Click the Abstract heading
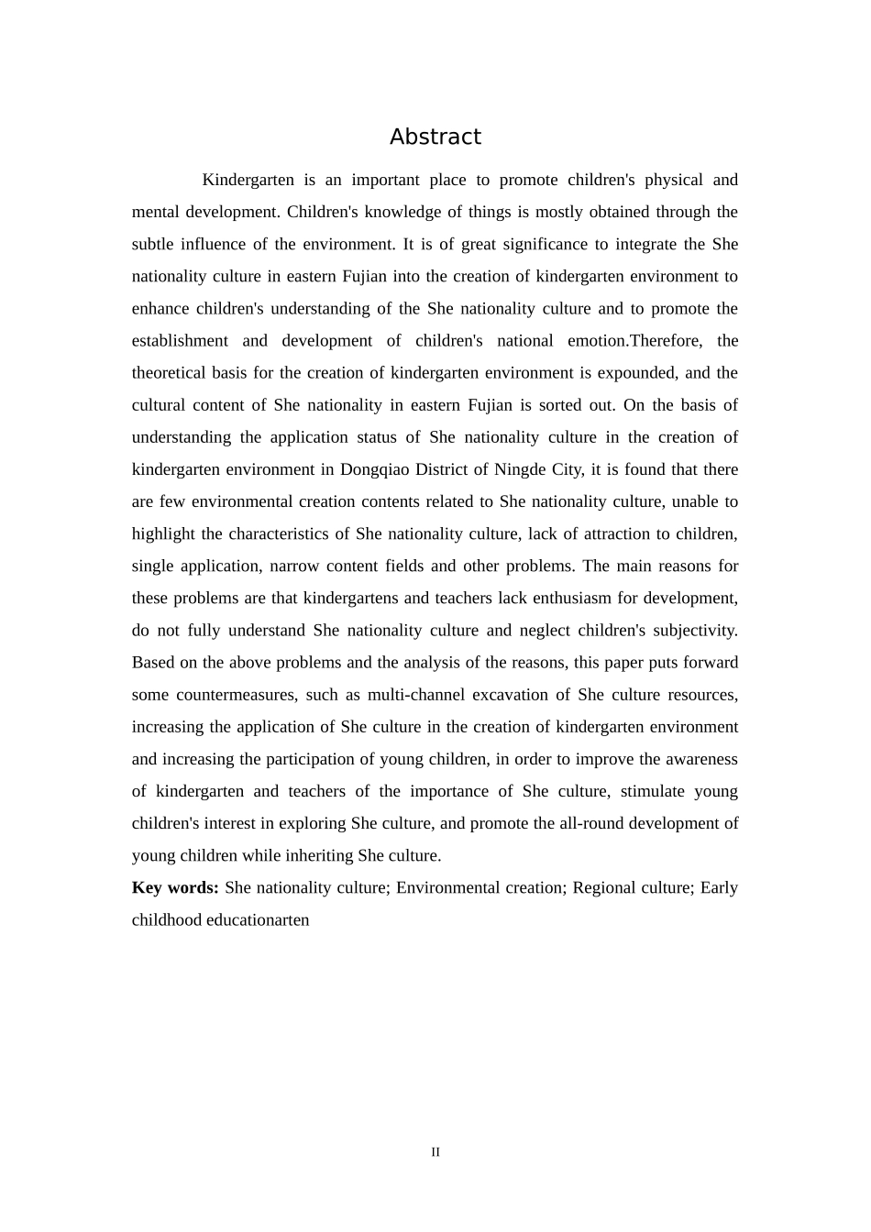click(x=435, y=137)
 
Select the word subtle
click(x=151, y=244)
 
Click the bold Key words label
click(x=175, y=887)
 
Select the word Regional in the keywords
click(x=604, y=887)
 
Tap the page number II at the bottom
click(x=435, y=1152)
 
